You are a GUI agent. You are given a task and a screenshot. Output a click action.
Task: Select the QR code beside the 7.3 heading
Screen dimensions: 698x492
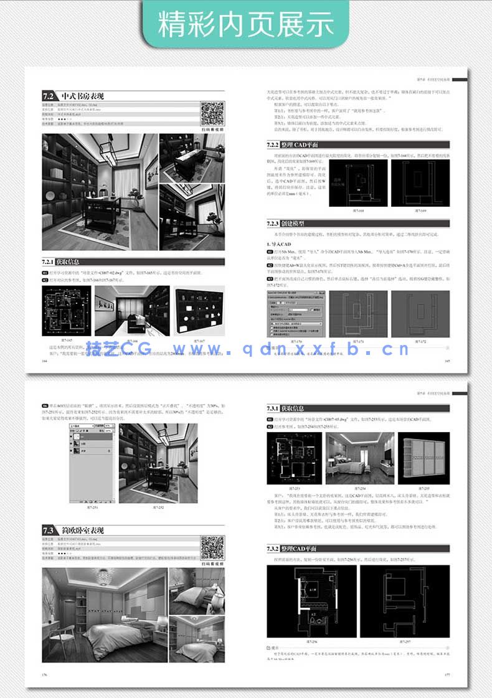point(212,547)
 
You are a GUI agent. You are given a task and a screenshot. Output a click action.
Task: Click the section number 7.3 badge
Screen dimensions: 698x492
point(49,531)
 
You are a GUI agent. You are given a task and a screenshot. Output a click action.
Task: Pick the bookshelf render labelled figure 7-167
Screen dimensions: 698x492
point(199,311)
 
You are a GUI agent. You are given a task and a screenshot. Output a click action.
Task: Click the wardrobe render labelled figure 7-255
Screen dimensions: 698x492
point(423,458)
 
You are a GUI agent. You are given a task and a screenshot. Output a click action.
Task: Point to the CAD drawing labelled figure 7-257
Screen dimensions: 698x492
point(404,603)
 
